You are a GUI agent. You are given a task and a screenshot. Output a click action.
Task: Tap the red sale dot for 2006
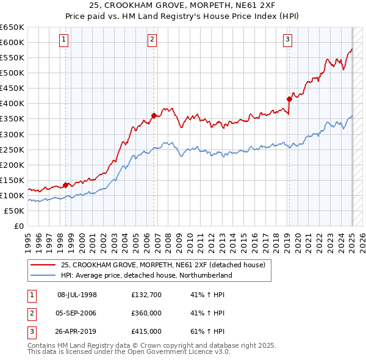pos(154,115)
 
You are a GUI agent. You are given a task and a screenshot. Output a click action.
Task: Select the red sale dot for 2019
pos(289,99)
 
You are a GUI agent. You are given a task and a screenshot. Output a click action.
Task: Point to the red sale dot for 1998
pos(65,185)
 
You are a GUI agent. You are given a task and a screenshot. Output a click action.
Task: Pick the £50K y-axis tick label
pos(15,211)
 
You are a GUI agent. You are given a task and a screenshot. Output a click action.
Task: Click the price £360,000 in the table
pos(146,313)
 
